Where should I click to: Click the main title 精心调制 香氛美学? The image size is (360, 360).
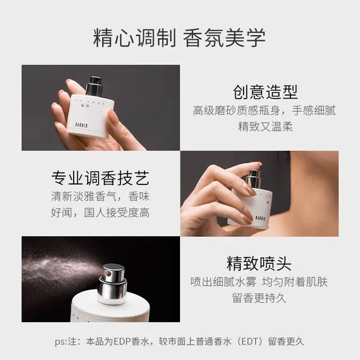[x=179, y=38]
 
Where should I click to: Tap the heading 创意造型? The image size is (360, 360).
[x=265, y=92]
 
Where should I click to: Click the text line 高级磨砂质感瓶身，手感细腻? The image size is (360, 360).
[x=264, y=110]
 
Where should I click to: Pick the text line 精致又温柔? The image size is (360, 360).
[x=265, y=127]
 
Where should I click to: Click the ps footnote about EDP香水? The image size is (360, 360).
[x=179, y=341]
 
